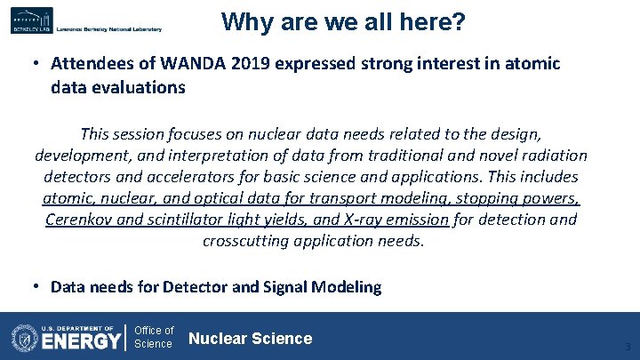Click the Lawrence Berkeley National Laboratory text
pos(108,29)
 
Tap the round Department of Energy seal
pos(24,338)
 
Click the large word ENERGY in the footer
pos(81,341)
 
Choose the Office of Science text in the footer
pos(154,337)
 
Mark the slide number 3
pos(627,347)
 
